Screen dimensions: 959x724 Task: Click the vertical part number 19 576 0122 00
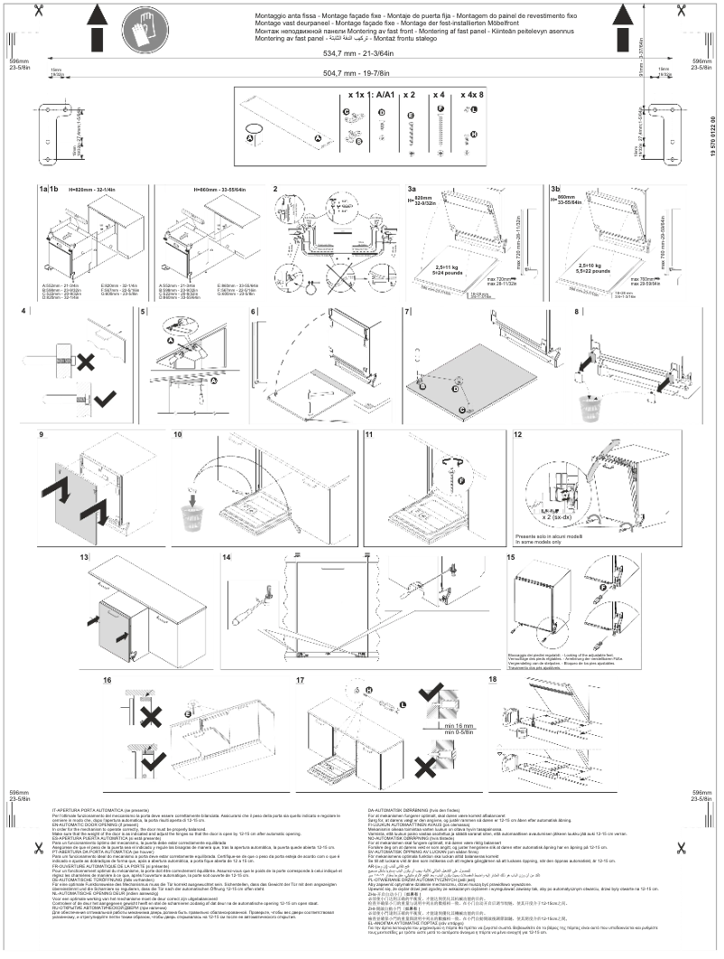pos(713,139)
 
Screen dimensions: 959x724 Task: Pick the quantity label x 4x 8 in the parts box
pos(472,94)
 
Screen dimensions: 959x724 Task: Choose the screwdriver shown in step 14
pos(249,595)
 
